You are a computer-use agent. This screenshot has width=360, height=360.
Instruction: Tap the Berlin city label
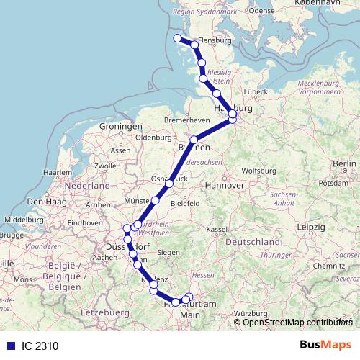click(x=345, y=164)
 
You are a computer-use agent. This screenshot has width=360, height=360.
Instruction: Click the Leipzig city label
click(x=310, y=228)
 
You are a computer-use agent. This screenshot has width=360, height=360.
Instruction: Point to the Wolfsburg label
click(x=258, y=171)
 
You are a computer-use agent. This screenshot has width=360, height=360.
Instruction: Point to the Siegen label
click(x=168, y=252)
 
